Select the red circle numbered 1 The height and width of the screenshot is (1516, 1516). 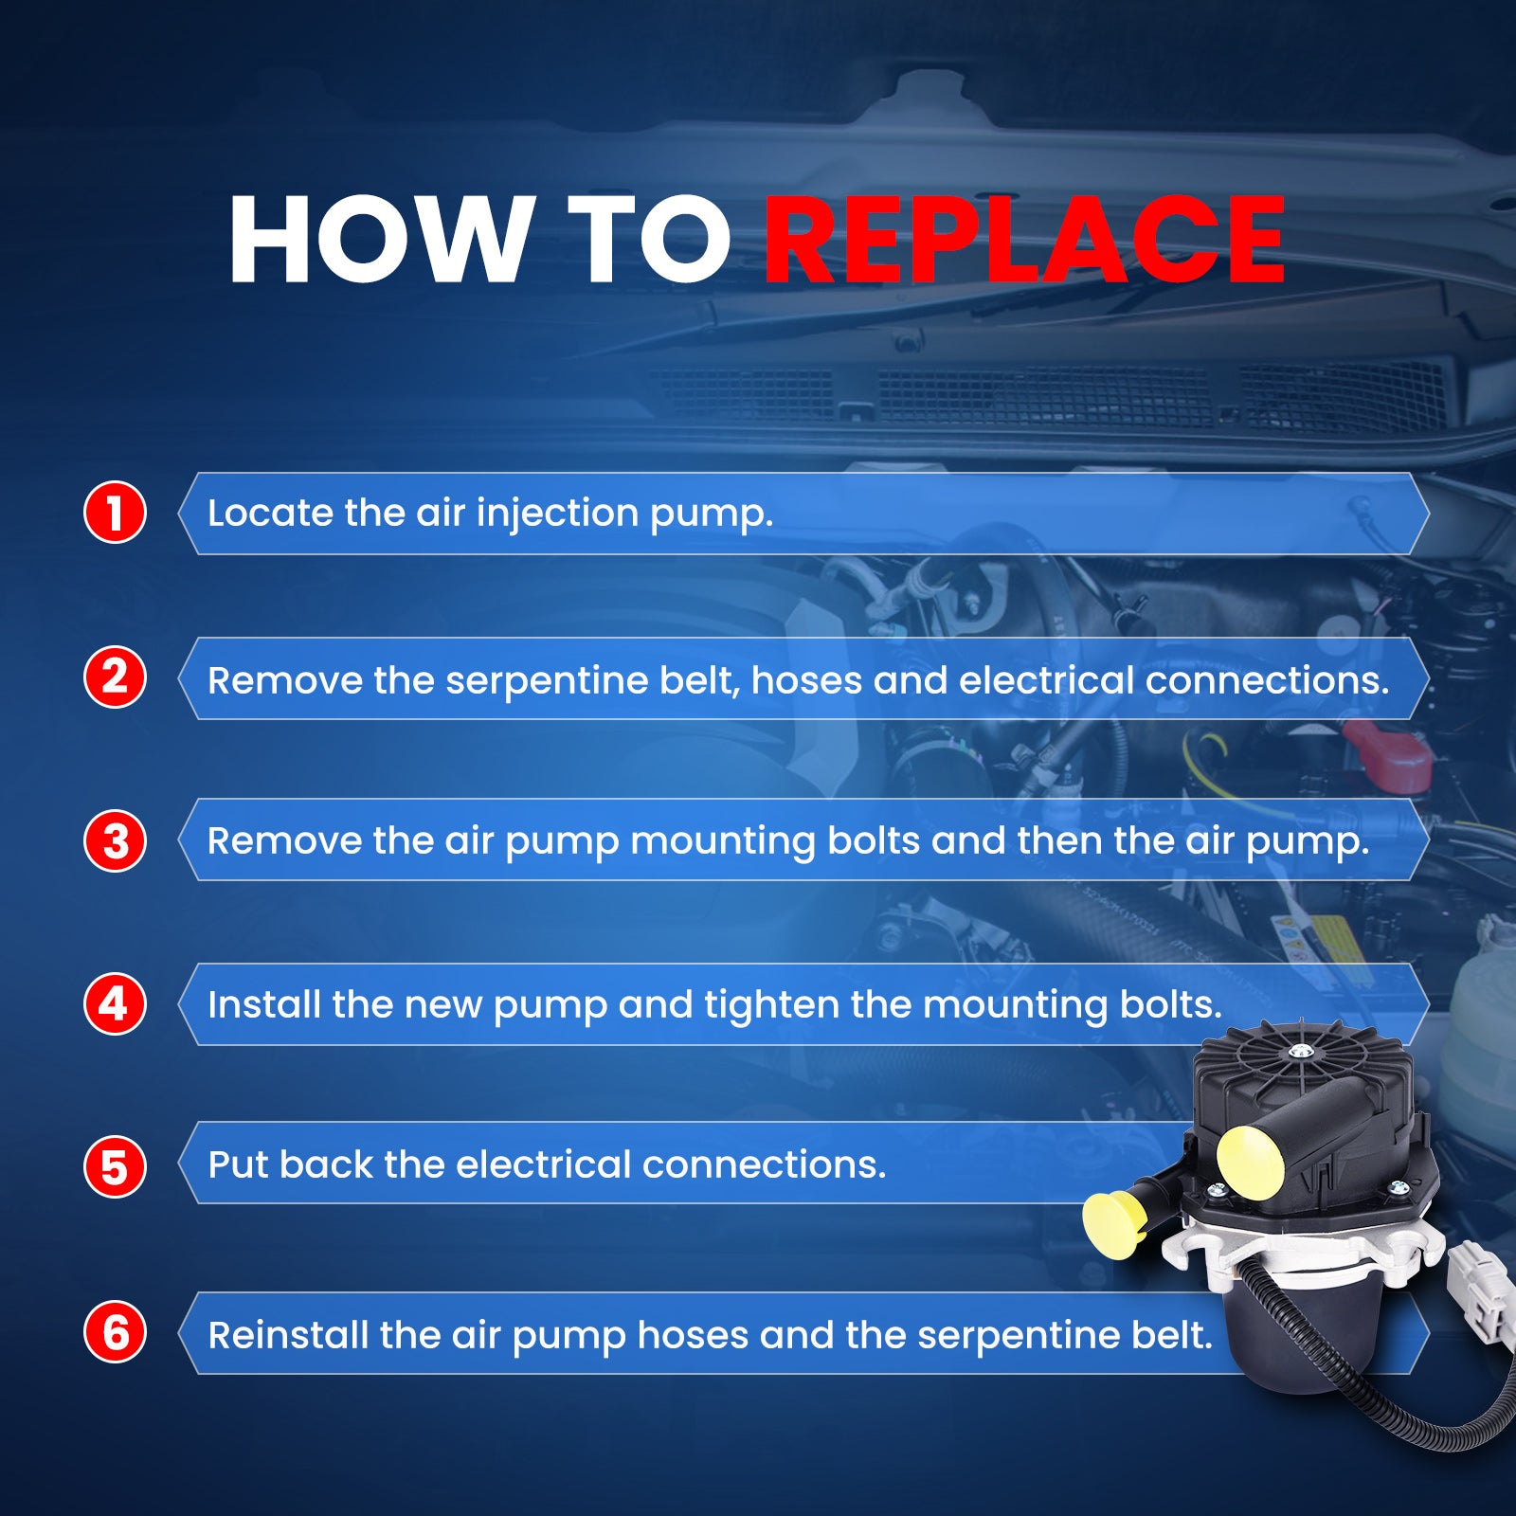point(115,513)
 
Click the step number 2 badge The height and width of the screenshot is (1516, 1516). point(115,677)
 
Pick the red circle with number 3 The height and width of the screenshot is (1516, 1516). point(115,840)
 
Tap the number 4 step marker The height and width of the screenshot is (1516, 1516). point(115,1004)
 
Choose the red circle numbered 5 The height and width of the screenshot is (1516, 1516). point(115,1166)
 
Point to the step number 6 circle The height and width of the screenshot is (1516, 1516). point(115,1332)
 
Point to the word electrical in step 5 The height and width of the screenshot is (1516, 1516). point(543,1164)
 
